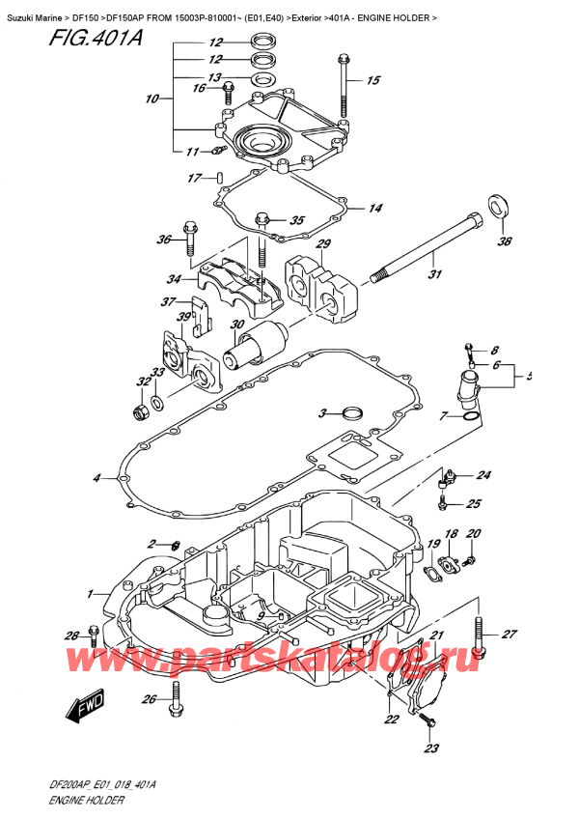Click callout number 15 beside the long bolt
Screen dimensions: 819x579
[x=373, y=81]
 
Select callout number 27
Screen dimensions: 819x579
[x=510, y=635]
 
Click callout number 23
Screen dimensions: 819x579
[x=430, y=748]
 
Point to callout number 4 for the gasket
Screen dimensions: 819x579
[x=96, y=478]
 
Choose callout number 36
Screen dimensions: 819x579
[x=163, y=240]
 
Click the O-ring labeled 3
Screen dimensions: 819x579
[x=353, y=414]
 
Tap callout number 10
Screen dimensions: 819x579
[x=152, y=99]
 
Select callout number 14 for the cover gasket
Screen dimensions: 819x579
[x=374, y=208]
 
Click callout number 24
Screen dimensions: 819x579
[x=482, y=475]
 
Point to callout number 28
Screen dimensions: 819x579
[x=71, y=635]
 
